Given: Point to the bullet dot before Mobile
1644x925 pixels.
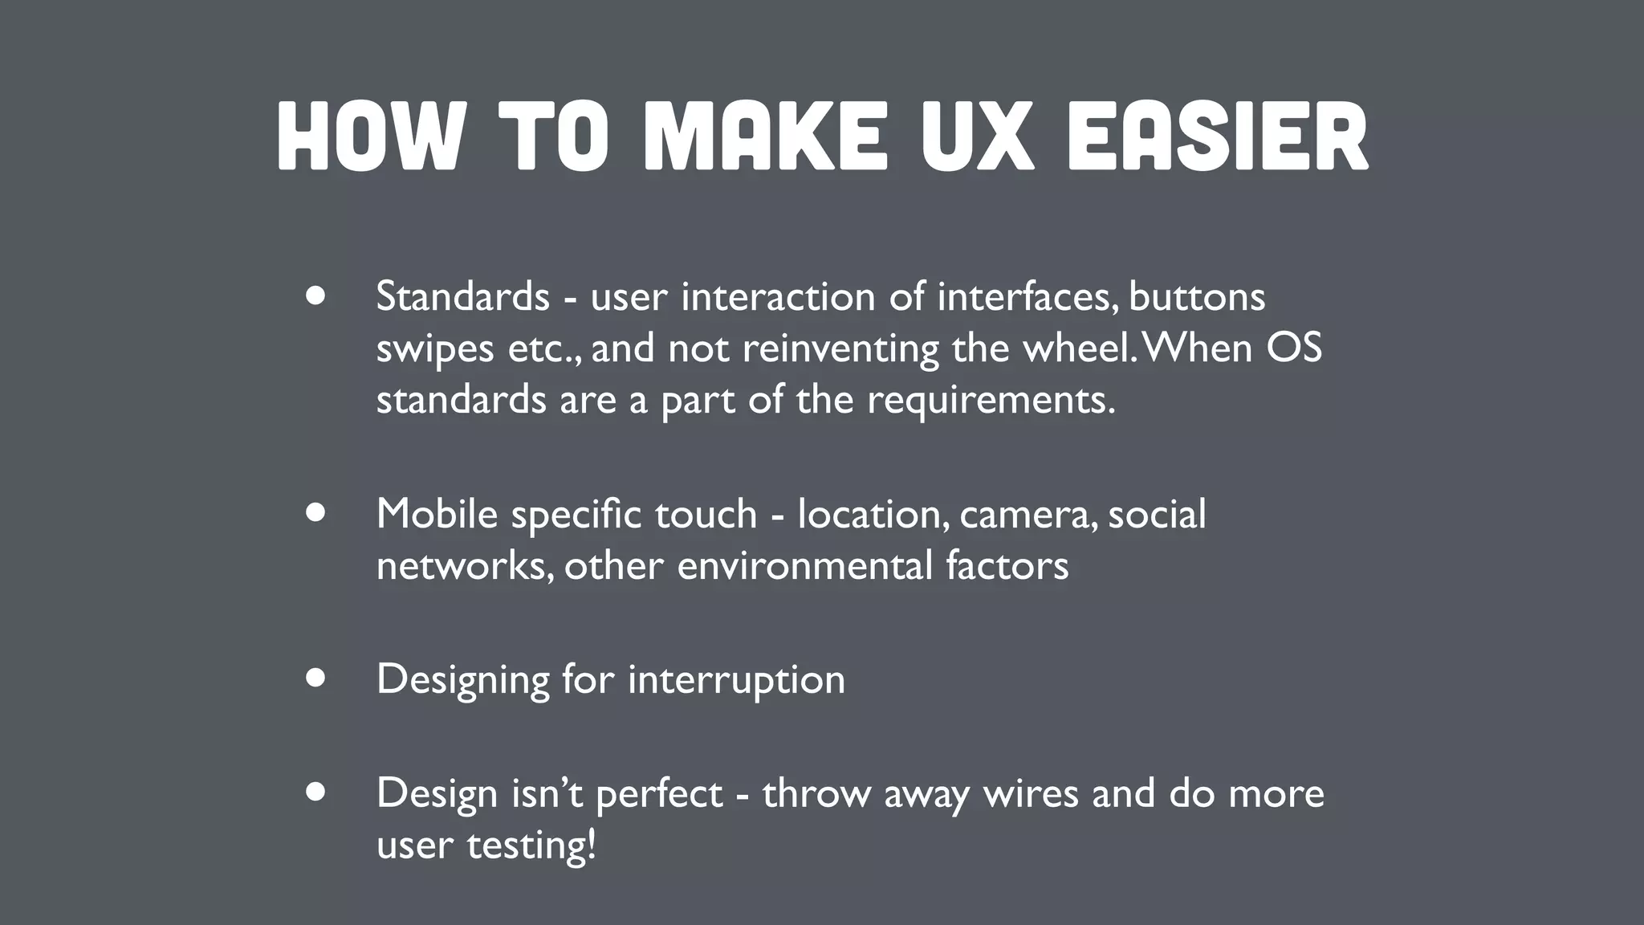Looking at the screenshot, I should [315, 513].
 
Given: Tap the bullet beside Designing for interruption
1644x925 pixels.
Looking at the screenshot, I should [315, 678].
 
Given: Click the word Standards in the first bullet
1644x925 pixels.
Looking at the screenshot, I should [462, 296].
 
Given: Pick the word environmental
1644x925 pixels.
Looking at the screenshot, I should [804, 565].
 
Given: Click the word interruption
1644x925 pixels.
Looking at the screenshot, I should [736, 680].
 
